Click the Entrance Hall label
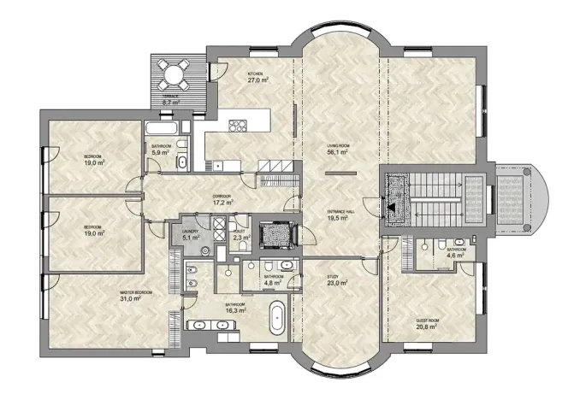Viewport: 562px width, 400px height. [341, 211]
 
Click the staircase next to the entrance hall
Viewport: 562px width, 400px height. [436, 200]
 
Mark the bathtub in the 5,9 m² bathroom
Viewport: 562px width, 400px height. [163, 129]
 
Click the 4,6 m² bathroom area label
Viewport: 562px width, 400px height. [456, 255]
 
